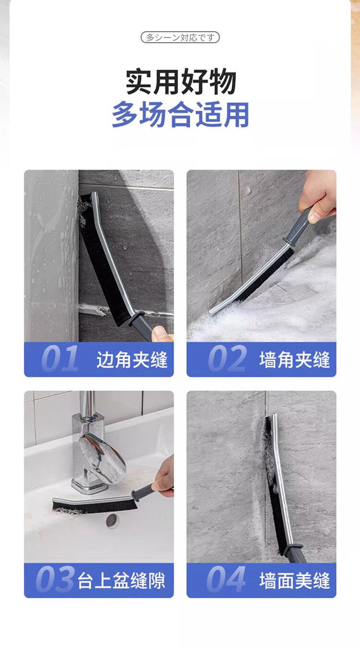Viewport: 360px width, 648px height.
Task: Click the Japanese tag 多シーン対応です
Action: (180, 37)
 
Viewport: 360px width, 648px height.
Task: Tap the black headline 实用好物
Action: (181, 82)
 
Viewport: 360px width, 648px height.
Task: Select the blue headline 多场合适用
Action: (180, 115)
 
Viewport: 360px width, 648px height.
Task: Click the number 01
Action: (60, 359)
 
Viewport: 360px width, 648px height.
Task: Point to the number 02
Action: (227, 359)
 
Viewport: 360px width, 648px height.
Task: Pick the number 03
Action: (55, 580)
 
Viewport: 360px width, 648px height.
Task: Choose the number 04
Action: (226, 580)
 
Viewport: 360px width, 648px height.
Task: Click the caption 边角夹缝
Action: (132, 360)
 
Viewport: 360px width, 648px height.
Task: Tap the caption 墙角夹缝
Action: (295, 360)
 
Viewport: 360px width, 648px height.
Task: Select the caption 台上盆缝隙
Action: (121, 581)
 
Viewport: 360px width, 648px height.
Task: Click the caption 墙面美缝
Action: (295, 581)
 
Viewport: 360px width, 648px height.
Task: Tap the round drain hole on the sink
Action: (112, 520)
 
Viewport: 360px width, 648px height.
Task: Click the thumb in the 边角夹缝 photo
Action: (161, 334)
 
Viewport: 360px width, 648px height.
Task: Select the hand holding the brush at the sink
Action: (163, 478)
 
